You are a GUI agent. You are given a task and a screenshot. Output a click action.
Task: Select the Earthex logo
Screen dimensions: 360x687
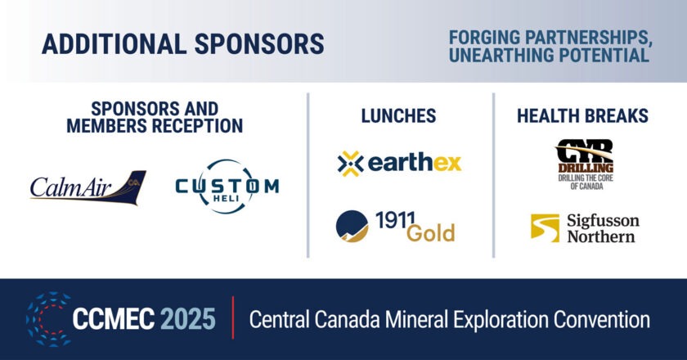tap(399, 162)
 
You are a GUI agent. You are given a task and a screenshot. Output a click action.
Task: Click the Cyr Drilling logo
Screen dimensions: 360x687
tap(584, 164)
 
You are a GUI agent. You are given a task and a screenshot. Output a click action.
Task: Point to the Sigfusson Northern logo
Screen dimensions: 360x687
tap(584, 228)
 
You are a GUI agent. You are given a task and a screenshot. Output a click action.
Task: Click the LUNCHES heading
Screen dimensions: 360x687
tap(398, 116)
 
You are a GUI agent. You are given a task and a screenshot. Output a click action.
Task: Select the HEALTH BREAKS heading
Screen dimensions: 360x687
tap(582, 116)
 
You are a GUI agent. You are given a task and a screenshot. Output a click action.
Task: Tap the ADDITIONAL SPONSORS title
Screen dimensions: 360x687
tap(183, 43)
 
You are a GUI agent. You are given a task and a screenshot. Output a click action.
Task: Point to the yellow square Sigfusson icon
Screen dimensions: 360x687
tap(544, 228)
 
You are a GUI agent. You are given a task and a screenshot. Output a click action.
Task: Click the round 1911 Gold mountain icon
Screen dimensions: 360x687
tap(352, 227)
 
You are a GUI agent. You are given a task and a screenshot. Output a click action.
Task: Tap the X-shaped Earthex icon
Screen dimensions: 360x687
tap(350, 163)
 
